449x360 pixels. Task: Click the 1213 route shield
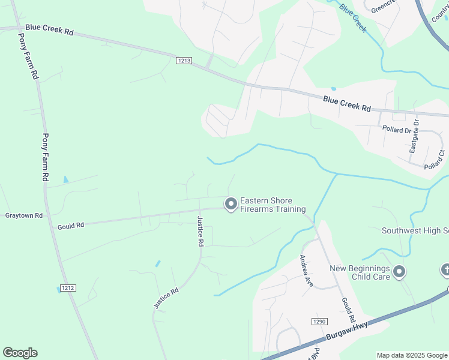(x=184, y=61)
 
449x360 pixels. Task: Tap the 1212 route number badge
(x=68, y=288)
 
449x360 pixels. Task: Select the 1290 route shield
(x=319, y=322)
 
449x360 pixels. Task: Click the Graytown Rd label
(x=24, y=215)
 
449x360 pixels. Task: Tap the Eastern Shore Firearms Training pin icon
(x=231, y=205)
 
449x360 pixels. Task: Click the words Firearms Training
(x=273, y=209)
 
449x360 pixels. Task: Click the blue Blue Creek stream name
(x=352, y=18)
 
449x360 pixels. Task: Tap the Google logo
(x=20, y=353)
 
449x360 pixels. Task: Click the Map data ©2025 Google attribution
(x=412, y=355)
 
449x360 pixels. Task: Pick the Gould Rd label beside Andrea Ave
(x=349, y=309)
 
